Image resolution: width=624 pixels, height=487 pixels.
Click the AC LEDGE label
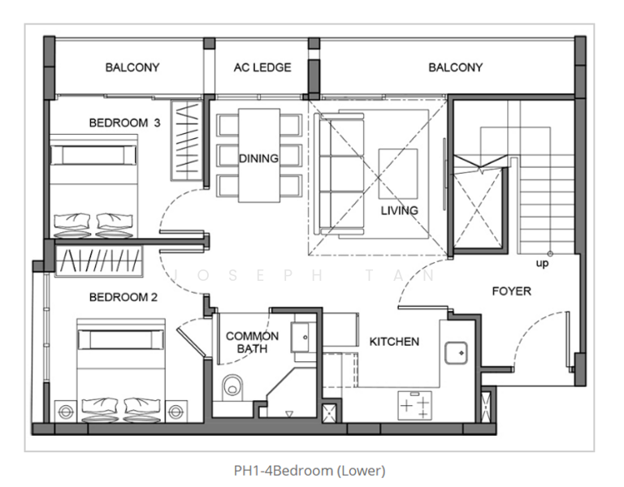coord(262,68)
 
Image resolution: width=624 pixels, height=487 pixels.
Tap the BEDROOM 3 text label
coord(124,123)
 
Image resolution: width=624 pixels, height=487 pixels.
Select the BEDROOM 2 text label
coord(123,297)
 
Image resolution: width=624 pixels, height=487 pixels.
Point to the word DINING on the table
coord(258,158)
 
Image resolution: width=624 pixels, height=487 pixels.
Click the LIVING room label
coord(399,210)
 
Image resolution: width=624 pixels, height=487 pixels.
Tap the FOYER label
coord(512,291)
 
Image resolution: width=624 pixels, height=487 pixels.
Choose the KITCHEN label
coord(394,342)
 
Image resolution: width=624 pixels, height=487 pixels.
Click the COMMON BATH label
coord(252,342)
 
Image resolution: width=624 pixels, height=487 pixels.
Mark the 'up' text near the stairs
coord(541,264)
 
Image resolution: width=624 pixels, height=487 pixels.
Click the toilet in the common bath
coord(234,388)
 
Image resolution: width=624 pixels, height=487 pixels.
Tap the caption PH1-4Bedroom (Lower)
coord(310,470)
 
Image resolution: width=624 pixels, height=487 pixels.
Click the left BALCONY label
coord(132,68)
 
